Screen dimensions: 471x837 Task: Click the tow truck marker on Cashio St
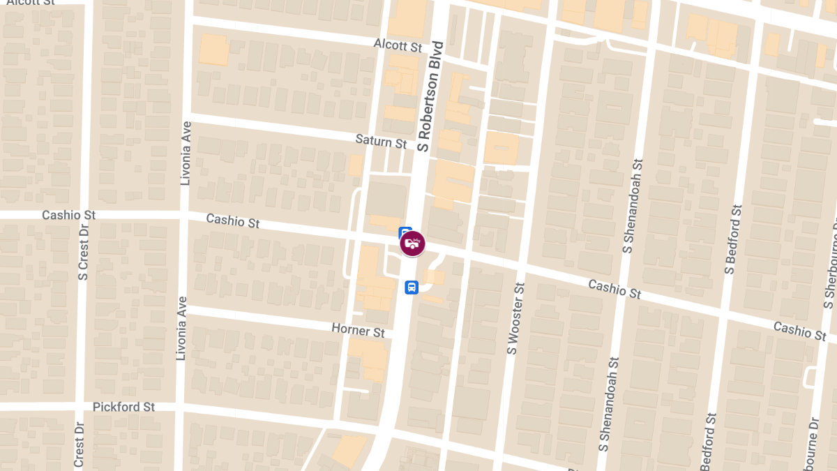click(412, 244)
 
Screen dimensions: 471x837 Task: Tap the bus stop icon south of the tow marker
click(412, 287)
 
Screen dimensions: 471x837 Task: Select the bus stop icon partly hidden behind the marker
click(404, 232)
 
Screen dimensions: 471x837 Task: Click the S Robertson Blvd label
click(430, 96)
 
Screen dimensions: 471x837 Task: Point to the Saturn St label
click(381, 141)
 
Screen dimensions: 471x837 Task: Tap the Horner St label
click(358, 329)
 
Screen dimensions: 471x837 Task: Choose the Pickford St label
click(123, 406)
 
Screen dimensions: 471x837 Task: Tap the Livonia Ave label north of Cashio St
click(186, 153)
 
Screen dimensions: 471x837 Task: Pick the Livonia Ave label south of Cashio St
click(181, 328)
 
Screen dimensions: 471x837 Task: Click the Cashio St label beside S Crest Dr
click(68, 215)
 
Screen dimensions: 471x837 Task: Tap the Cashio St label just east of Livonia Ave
click(233, 221)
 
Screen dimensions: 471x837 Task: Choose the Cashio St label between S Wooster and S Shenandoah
click(614, 289)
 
